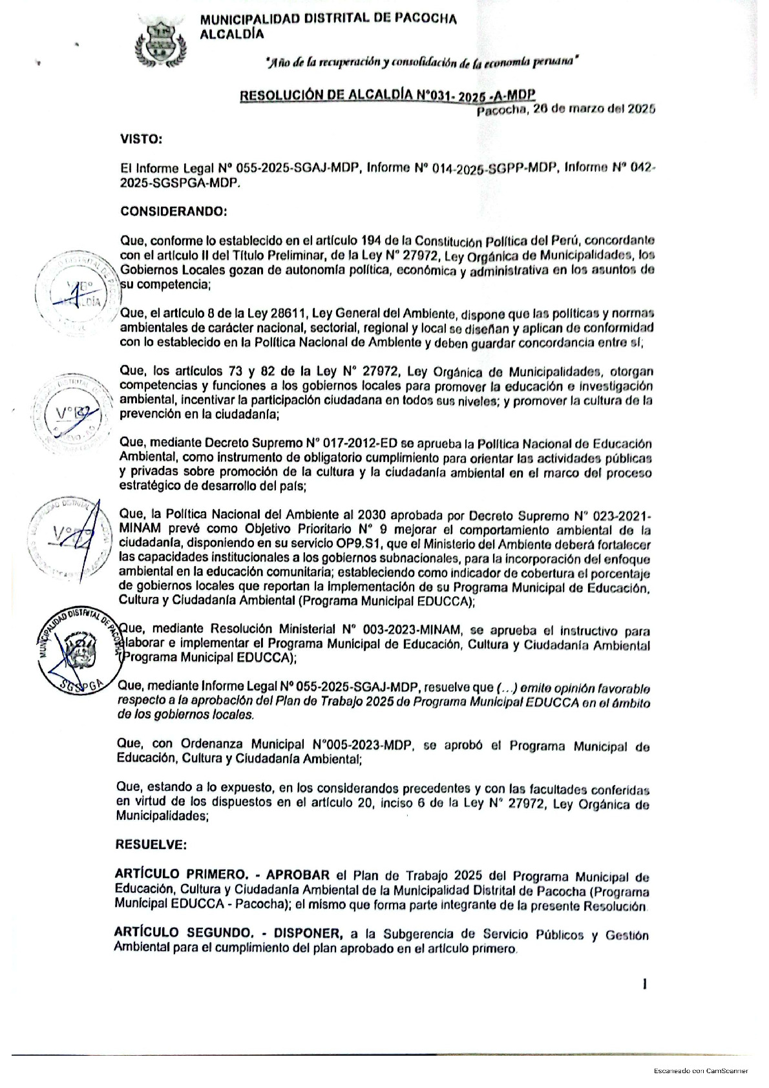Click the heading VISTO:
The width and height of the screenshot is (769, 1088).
[141, 138]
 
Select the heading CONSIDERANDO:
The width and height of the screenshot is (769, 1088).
[173, 211]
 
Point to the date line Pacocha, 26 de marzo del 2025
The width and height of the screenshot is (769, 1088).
[566, 109]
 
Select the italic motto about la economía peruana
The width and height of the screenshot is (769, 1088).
[421, 62]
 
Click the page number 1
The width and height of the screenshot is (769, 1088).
[644, 984]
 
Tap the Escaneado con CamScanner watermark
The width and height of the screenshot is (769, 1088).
[701, 1071]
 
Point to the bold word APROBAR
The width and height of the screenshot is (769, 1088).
[298, 875]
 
